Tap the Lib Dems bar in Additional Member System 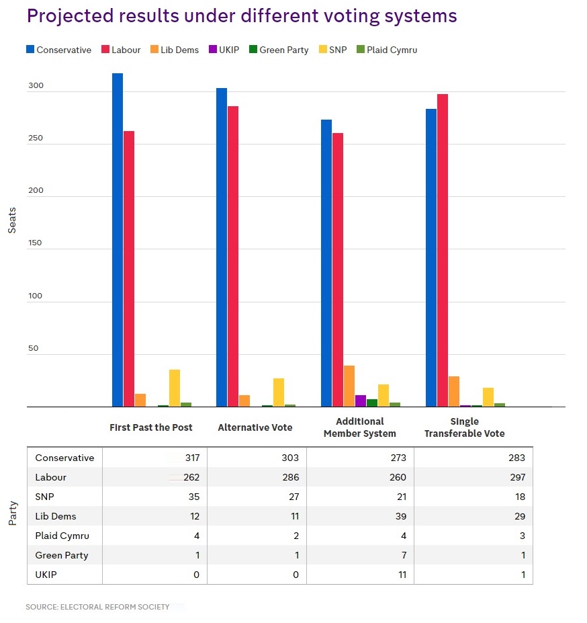pos(349,386)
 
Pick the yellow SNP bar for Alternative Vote pos(279,392)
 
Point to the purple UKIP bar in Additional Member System pos(361,401)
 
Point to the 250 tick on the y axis pos(35,138)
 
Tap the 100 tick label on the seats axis pos(35,296)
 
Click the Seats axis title pos(12,220)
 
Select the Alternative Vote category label pos(255,427)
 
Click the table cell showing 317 pos(193,458)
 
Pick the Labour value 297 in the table pos(516,477)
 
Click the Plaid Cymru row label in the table pos(62,536)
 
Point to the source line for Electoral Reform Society pos(97,607)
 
